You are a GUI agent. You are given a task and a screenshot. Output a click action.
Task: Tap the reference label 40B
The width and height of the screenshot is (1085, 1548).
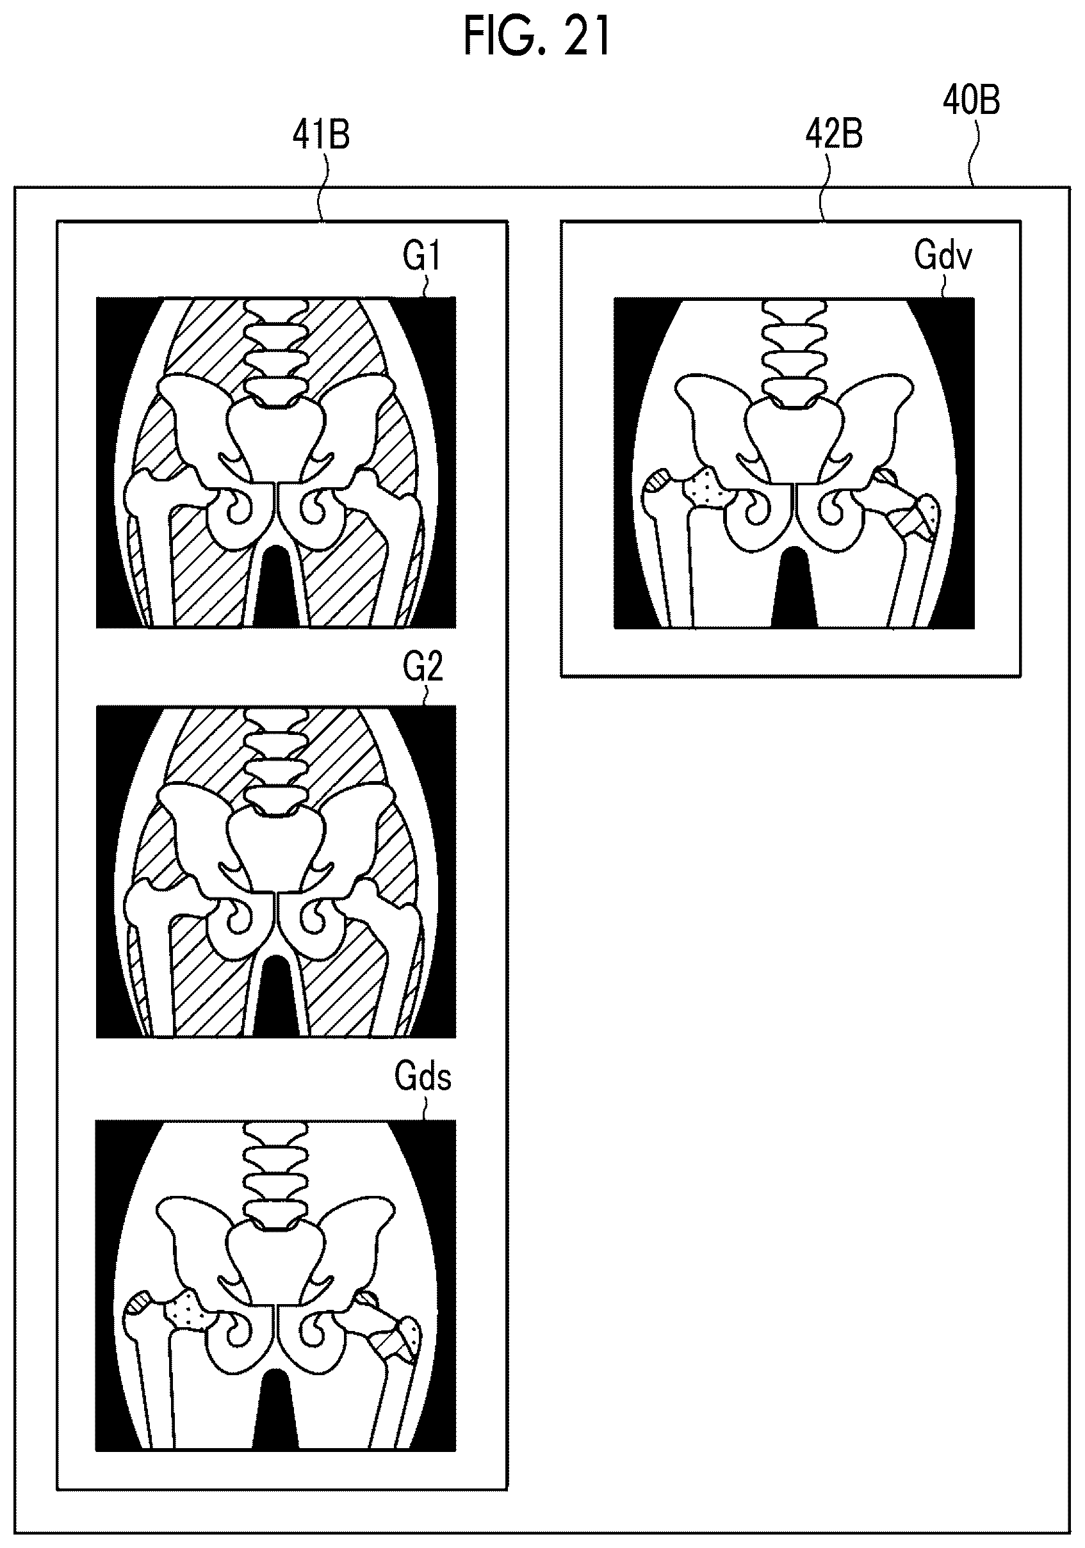(x=971, y=101)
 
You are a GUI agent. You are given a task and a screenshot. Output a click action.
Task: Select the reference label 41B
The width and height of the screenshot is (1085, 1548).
(x=321, y=135)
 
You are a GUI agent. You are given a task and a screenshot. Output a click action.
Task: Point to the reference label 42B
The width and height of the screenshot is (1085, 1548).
(x=834, y=135)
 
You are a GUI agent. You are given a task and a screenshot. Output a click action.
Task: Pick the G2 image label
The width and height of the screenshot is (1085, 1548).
(x=423, y=666)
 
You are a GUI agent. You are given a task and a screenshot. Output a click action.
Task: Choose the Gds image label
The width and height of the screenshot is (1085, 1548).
(x=423, y=1077)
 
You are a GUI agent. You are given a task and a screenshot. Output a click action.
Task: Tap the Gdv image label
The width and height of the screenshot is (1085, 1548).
(x=943, y=256)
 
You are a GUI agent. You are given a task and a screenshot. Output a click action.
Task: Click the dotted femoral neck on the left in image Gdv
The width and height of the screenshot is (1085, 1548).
(x=702, y=487)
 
